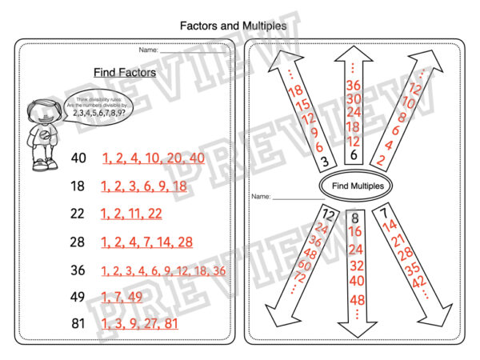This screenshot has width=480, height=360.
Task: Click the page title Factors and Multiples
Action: [x=232, y=26]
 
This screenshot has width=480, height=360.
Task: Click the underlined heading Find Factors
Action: [x=124, y=72]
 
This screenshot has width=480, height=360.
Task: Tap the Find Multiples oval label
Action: [x=356, y=186]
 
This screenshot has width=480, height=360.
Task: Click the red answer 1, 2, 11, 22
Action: [x=131, y=214]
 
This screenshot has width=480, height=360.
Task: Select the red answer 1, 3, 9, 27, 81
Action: [x=141, y=325]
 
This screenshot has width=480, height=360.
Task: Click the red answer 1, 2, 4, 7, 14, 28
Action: [x=147, y=242]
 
